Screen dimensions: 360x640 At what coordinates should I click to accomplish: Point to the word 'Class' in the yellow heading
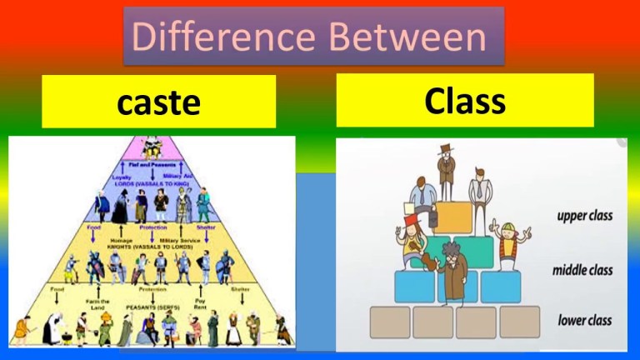pyautogui.click(x=464, y=101)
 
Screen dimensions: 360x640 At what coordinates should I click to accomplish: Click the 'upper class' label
pyautogui.click(x=584, y=216)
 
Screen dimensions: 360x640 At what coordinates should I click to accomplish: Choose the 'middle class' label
pyautogui.click(x=582, y=271)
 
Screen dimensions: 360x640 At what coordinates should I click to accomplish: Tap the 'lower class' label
pyautogui.click(x=584, y=320)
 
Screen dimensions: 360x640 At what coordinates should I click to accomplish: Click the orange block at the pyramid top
pyautogui.click(x=454, y=217)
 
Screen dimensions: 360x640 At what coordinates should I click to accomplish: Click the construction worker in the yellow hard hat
pyautogui.click(x=507, y=242)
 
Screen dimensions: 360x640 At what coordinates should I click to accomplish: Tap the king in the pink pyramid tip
pyautogui.click(x=152, y=148)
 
